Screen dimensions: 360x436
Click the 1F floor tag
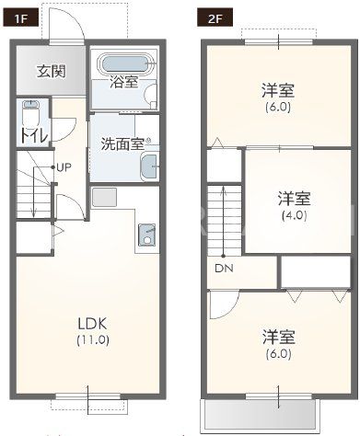[21, 18]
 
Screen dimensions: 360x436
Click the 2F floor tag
[215, 18]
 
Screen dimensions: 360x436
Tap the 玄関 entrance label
[52, 72]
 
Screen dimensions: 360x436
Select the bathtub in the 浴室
[124, 64]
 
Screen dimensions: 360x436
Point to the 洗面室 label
[122, 143]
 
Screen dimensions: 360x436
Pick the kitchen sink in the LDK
[147, 235]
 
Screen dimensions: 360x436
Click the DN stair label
[224, 269]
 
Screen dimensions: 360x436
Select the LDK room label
[93, 324]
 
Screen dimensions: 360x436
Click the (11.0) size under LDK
[93, 340]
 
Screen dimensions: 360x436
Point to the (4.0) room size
[294, 215]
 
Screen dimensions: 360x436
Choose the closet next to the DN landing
[316, 272]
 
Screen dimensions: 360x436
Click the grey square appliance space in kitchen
[104, 197]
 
